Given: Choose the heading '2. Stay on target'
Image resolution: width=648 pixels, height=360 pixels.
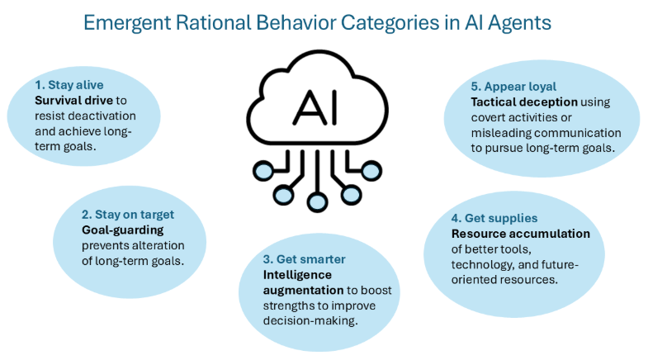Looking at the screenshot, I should pos(128,215).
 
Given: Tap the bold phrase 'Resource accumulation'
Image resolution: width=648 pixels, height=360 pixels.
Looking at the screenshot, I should pos(509,234).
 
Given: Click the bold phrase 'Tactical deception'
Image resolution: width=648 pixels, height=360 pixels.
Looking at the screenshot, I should pos(524,102).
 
